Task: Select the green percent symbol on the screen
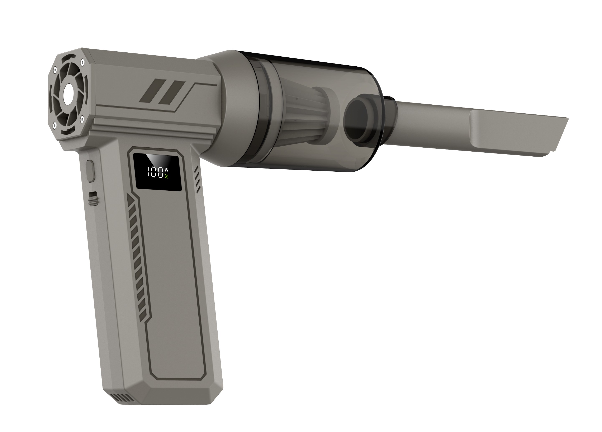click(166, 176)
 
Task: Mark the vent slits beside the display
click(198, 179)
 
